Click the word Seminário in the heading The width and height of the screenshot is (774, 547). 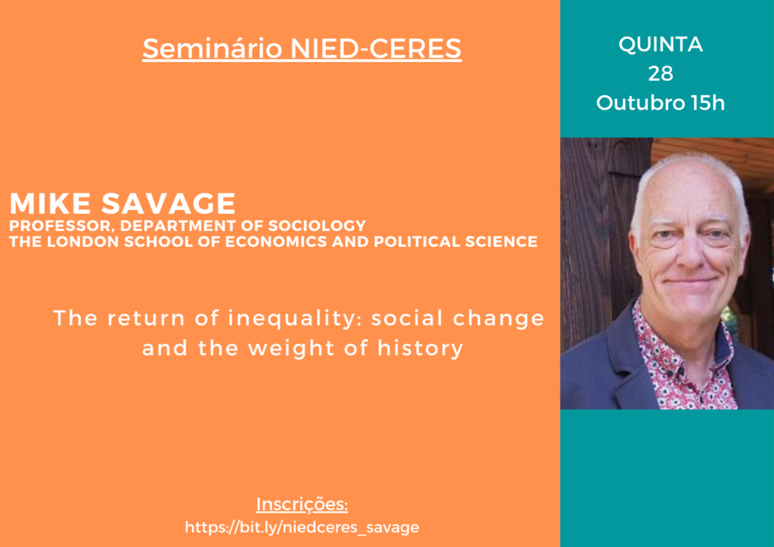[x=212, y=48]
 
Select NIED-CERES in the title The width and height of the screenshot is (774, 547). [x=376, y=48]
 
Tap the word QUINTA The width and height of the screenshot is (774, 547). [x=661, y=45]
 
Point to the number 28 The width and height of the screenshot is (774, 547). [x=661, y=74]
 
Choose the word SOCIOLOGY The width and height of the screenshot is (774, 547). [x=317, y=225]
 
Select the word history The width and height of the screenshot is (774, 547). [x=420, y=348]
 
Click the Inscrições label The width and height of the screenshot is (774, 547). [x=302, y=505]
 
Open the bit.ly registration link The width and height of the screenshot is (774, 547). [x=302, y=527]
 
